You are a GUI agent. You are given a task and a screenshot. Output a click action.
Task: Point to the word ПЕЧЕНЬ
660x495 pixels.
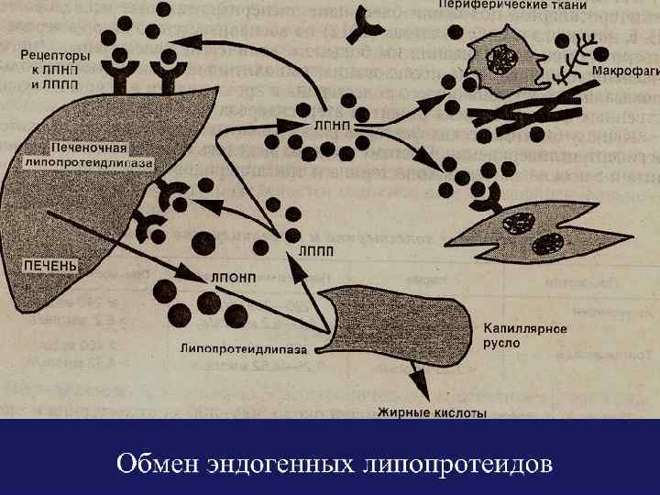(x=50, y=264)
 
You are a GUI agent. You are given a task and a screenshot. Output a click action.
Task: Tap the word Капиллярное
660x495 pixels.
(x=521, y=328)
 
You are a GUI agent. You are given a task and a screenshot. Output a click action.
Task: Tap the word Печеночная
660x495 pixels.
(x=89, y=148)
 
